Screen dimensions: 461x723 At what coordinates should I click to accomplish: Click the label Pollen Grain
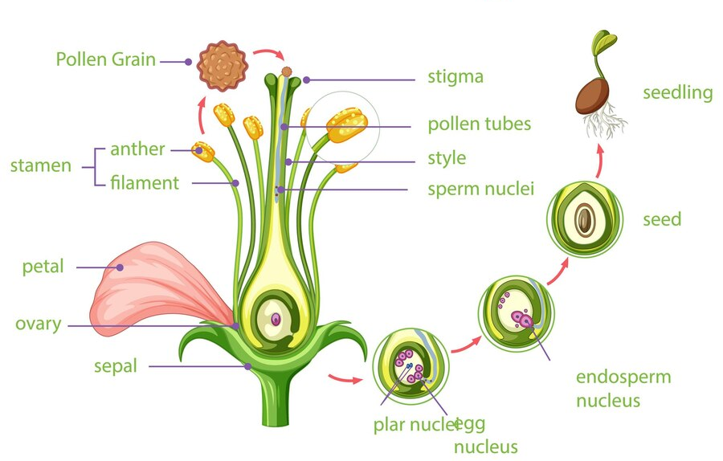tap(106, 59)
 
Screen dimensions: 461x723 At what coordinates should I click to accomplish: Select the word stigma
tap(455, 78)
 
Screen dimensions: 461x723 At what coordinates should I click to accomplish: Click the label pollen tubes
tap(479, 124)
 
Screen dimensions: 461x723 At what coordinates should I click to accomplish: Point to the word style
tap(447, 157)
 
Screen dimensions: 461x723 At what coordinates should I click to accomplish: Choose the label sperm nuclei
tap(480, 190)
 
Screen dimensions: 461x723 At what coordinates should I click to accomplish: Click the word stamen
tap(40, 166)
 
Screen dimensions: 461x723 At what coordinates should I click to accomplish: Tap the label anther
tap(137, 149)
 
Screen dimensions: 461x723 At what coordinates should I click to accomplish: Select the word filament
tap(145, 183)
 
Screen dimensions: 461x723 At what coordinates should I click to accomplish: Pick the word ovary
tap(38, 324)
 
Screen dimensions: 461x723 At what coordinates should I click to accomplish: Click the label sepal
tap(115, 366)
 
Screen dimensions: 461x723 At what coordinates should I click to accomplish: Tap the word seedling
tap(677, 92)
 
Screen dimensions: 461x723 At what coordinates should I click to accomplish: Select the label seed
tap(662, 218)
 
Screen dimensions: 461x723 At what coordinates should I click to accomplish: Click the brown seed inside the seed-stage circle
tap(585, 218)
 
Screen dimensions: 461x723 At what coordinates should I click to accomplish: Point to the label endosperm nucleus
tap(623, 388)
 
